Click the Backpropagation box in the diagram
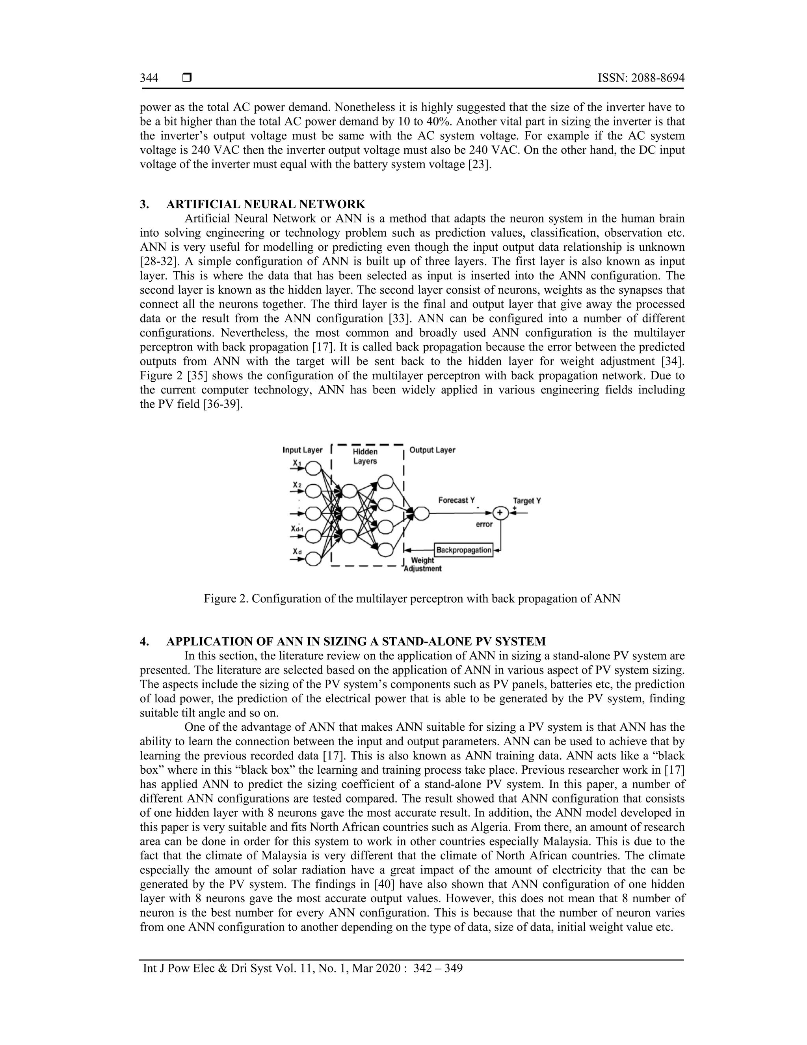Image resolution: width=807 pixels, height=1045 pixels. click(463, 550)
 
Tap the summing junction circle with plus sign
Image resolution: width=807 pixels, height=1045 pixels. click(500, 513)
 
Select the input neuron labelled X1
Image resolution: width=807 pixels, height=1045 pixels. click(313, 468)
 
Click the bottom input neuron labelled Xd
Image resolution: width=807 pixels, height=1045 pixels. click(313, 558)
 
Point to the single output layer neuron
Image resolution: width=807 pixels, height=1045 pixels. click(421, 513)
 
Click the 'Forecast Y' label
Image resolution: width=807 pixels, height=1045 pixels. click(457, 500)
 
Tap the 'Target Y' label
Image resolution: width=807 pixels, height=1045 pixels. click(527, 500)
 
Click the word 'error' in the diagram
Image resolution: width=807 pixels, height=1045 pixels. click(484, 524)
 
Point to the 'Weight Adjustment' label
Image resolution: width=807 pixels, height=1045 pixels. click(423, 564)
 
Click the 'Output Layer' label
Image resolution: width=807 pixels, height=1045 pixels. click(432, 450)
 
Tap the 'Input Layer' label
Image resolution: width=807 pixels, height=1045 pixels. click(302, 450)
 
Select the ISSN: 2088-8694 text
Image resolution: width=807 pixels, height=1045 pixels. click(641, 78)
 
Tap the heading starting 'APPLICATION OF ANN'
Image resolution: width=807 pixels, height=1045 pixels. click(356, 641)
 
